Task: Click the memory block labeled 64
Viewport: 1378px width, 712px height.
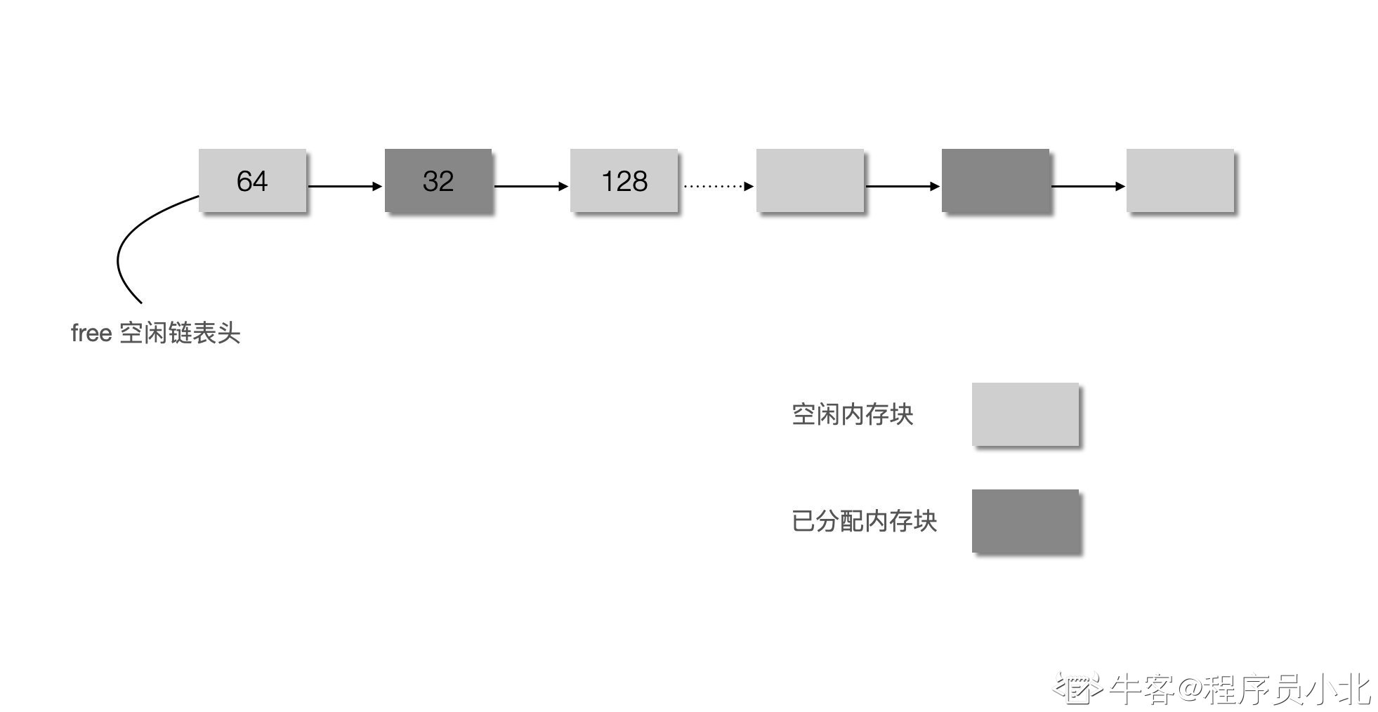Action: [252, 180]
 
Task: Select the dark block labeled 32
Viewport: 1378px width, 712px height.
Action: [438, 180]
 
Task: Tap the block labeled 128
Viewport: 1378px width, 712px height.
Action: [624, 180]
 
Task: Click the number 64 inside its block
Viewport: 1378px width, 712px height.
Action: [252, 181]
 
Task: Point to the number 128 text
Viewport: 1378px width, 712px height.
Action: [624, 181]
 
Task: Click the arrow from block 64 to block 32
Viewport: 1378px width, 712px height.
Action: [345, 186]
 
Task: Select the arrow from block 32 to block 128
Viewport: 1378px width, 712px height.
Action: [531, 186]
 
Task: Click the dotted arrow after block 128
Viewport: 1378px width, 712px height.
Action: [718, 186]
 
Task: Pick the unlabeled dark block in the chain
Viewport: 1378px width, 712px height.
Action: [995, 180]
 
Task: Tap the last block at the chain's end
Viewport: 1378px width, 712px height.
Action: [1180, 180]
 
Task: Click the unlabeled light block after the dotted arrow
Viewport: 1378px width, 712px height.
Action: [810, 180]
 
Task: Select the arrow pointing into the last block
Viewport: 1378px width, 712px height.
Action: [1088, 186]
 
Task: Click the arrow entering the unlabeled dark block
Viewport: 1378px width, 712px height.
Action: [903, 186]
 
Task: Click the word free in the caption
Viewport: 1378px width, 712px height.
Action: [91, 333]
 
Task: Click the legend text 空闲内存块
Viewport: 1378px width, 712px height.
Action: [853, 414]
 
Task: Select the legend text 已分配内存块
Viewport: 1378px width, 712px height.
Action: [865, 521]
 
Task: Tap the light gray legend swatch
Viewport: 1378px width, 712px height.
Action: [1025, 414]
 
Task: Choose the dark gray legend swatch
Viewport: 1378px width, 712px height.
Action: [1025, 520]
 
